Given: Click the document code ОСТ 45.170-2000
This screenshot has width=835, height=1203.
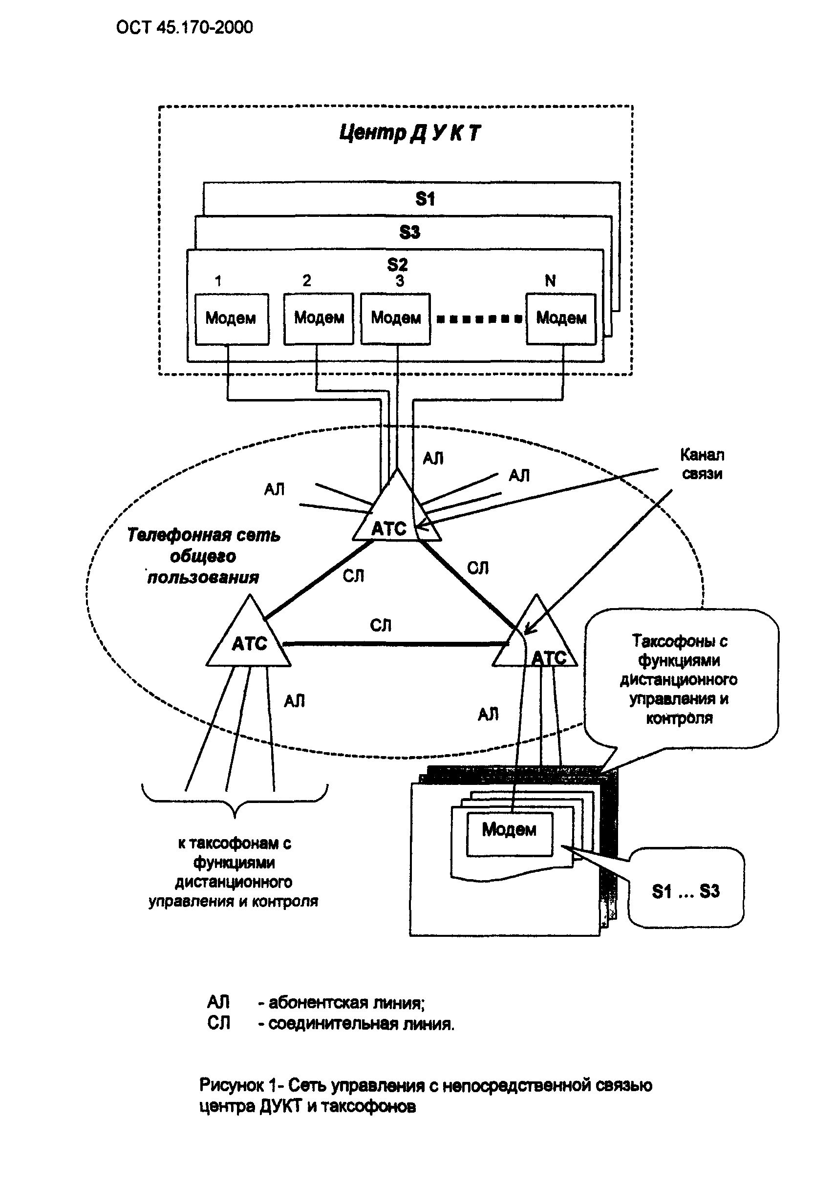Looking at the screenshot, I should pos(184,27).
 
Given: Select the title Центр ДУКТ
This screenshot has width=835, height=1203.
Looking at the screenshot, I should pos(409,133).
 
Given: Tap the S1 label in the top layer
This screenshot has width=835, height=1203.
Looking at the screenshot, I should pos(425,199).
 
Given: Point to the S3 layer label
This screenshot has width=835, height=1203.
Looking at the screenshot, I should pos(409,232).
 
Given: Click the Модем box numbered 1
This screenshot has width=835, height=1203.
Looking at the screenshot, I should pos(232,318).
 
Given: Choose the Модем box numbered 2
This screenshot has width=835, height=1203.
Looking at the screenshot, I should pos(319,318).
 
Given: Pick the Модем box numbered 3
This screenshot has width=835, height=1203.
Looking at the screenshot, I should pos(396,318).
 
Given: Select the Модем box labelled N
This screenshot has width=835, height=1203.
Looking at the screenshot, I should pos(561,318).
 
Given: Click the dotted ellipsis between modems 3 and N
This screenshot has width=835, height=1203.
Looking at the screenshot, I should pos(478,318).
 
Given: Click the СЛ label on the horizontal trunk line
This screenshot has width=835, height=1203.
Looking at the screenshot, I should pos(380,625).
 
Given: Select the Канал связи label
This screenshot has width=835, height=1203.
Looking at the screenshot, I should pos(702,464).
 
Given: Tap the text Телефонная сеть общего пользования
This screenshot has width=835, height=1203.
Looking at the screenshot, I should pos(204,556).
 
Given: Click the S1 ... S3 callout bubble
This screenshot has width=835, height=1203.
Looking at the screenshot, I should pos(686,891).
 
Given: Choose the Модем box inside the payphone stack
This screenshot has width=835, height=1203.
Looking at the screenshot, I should pos(509,830).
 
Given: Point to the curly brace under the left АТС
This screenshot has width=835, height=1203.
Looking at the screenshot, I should pos(235,802).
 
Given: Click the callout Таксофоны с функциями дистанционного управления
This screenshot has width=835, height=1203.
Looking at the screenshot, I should pos(680,679).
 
